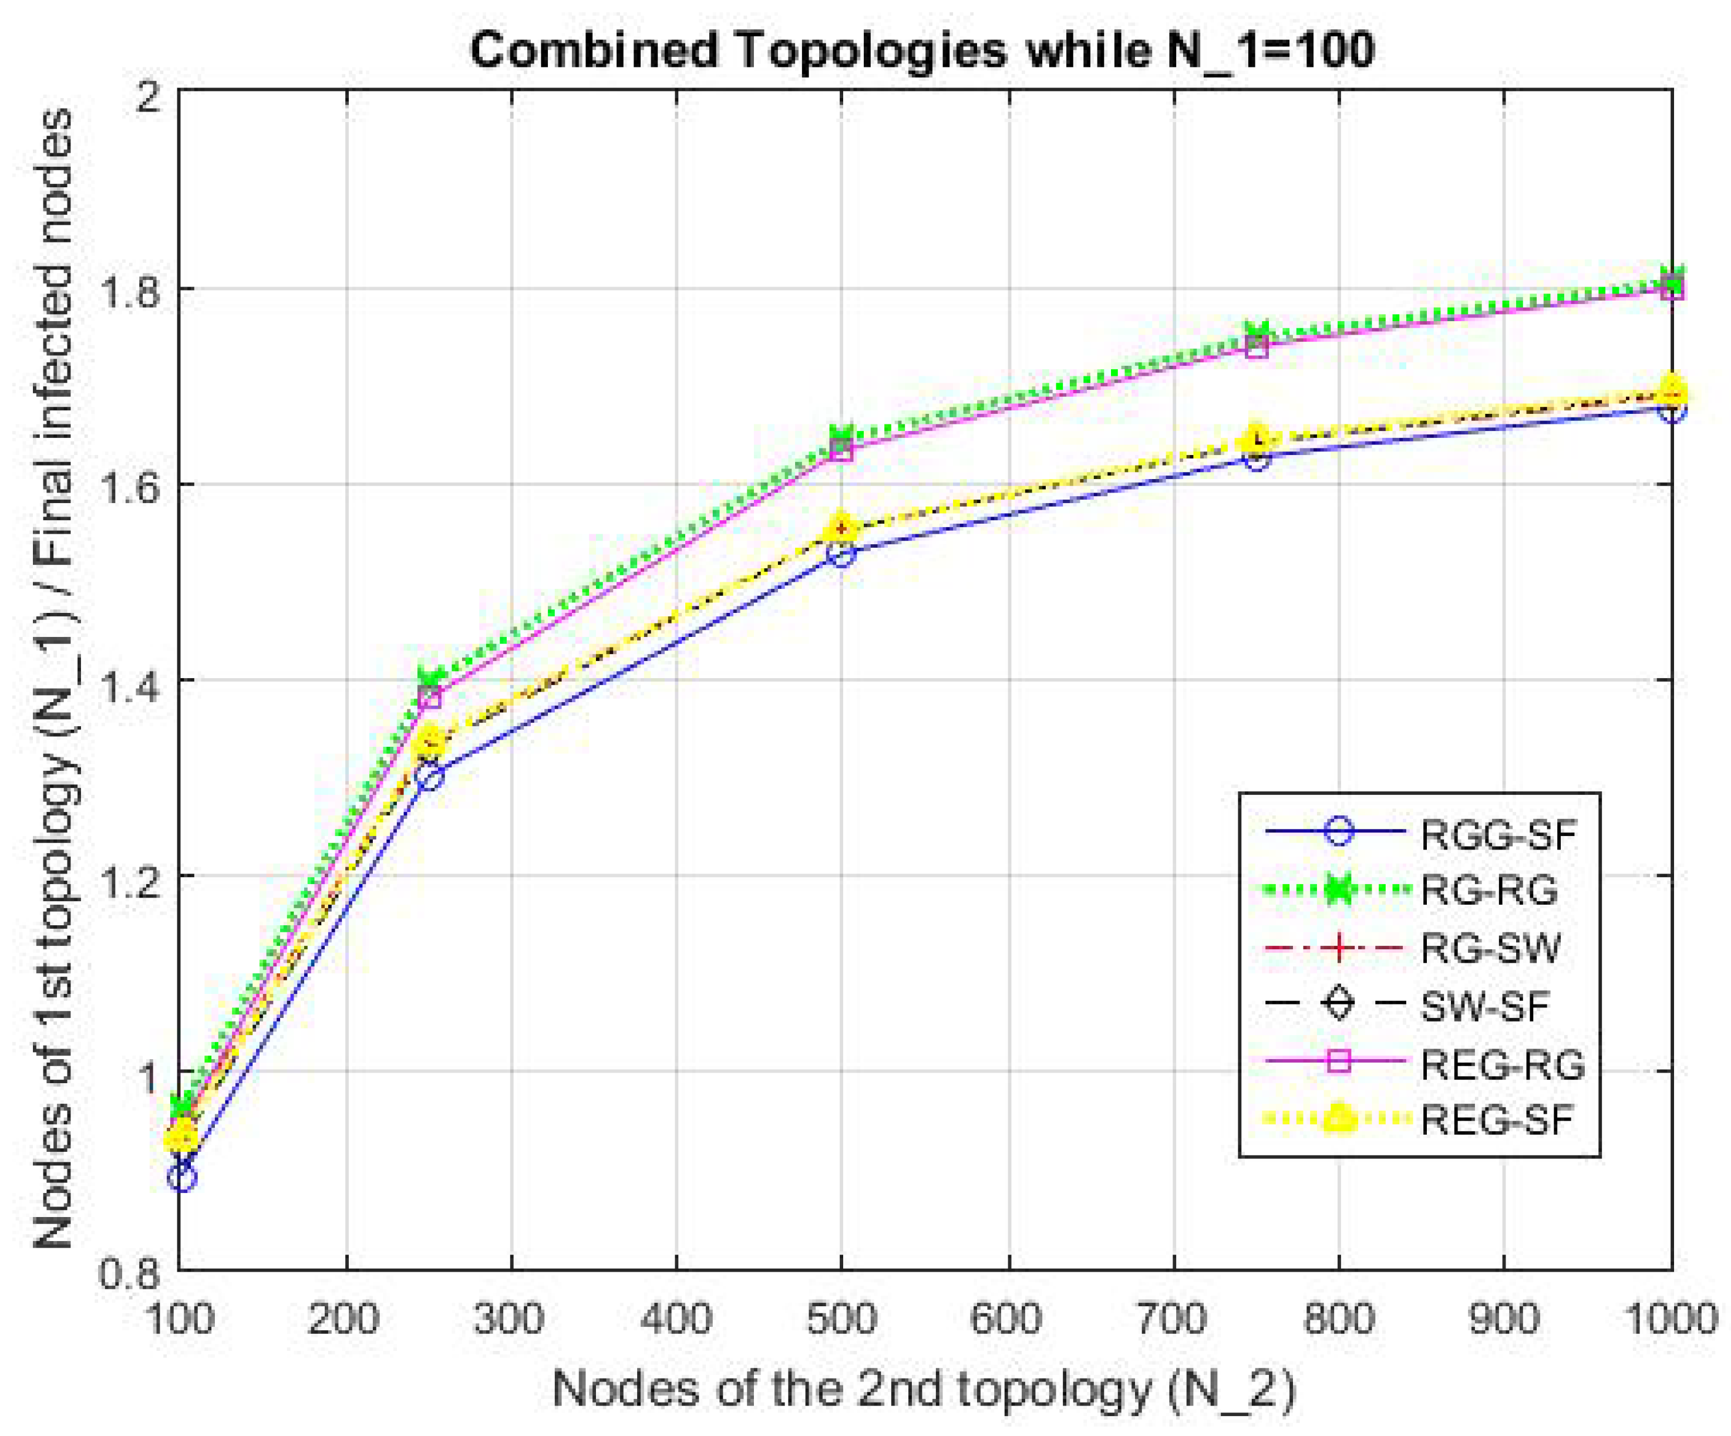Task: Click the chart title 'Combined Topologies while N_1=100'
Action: (x=921, y=50)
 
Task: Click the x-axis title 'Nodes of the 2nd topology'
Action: (x=923, y=1390)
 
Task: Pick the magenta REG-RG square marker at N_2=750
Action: (x=1256, y=346)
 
